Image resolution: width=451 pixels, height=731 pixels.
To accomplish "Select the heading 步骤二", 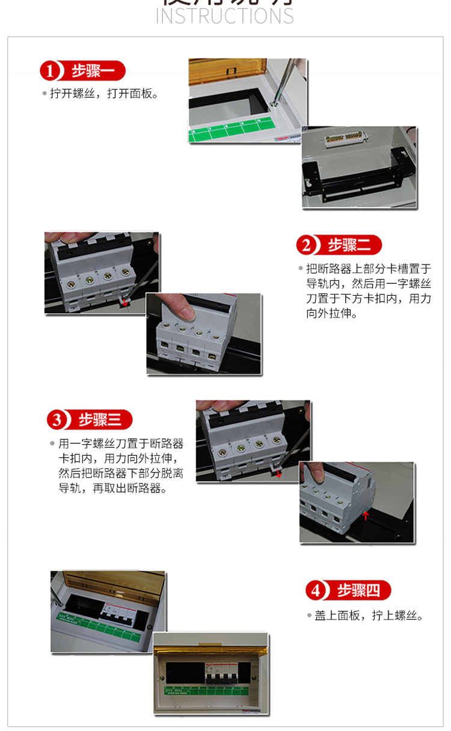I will click(x=354, y=245).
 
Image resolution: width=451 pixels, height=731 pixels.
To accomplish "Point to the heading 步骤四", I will click(x=358, y=590).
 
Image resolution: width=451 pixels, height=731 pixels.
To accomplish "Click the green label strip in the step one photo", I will click(x=232, y=132).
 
